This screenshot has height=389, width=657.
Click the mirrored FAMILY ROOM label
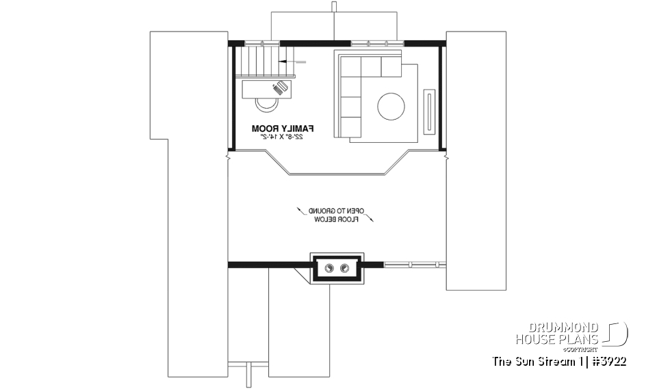click(283, 128)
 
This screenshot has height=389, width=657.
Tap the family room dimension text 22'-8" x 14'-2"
click(283, 137)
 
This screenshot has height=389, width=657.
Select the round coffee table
click(391, 106)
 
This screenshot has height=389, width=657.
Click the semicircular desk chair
click(266, 103)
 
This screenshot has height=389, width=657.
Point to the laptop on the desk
click(279, 88)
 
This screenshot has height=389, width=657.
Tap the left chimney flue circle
click(329, 267)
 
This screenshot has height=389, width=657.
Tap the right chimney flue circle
click(344, 267)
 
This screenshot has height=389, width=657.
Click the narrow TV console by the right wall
click(429, 109)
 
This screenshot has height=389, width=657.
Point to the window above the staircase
click(263, 43)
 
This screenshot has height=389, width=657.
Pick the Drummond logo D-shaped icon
click(617, 334)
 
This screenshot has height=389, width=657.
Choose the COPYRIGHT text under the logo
click(580, 349)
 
